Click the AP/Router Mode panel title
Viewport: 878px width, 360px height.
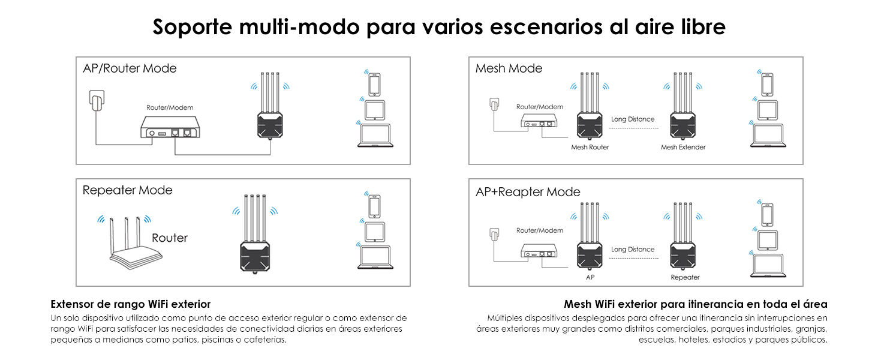pyautogui.click(x=130, y=68)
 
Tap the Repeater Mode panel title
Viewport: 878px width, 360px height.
pyautogui.click(x=127, y=190)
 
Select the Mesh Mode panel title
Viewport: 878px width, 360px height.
pyautogui.click(x=509, y=68)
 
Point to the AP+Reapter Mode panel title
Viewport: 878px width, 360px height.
pyautogui.click(x=528, y=192)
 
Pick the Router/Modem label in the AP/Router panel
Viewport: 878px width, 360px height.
pyautogui.click(x=170, y=107)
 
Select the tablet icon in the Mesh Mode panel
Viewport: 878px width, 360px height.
pyautogui.click(x=768, y=110)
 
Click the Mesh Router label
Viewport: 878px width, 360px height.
pyautogui.click(x=590, y=147)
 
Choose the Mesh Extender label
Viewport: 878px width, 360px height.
pyautogui.click(x=683, y=147)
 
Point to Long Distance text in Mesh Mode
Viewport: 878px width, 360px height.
pyautogui.click(x=633, y=119)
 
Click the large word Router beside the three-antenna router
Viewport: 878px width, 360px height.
pyautogui.click(x=170, y=238)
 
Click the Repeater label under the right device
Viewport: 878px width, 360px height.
pyautogui.click(x=685, y=277)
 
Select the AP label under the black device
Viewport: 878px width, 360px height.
pyautogui.click(x=590, y=277)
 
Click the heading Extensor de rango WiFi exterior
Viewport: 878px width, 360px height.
pyautogui.click(x=131, y=304)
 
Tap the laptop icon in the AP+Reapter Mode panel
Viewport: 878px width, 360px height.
pyautogui.click(x=768, y=265)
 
